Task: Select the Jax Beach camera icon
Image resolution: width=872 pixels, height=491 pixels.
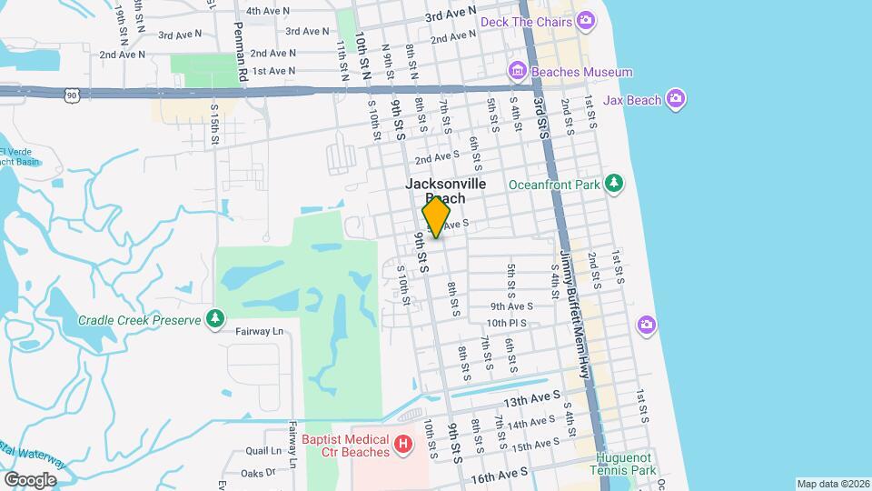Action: coord(675,98)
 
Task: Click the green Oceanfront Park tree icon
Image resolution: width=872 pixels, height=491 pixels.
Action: coord(615,184)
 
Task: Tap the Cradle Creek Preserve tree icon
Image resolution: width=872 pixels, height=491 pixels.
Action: coord(215,319)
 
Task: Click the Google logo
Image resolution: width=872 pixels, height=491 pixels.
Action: coord(29,479)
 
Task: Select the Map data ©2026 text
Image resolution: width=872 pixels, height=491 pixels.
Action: coord(831,484)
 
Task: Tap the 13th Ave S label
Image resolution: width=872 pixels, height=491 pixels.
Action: coord(529,401)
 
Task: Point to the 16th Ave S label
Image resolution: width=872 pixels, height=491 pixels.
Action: coord(499,473)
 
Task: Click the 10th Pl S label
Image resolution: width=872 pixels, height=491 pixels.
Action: coord(508,323)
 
